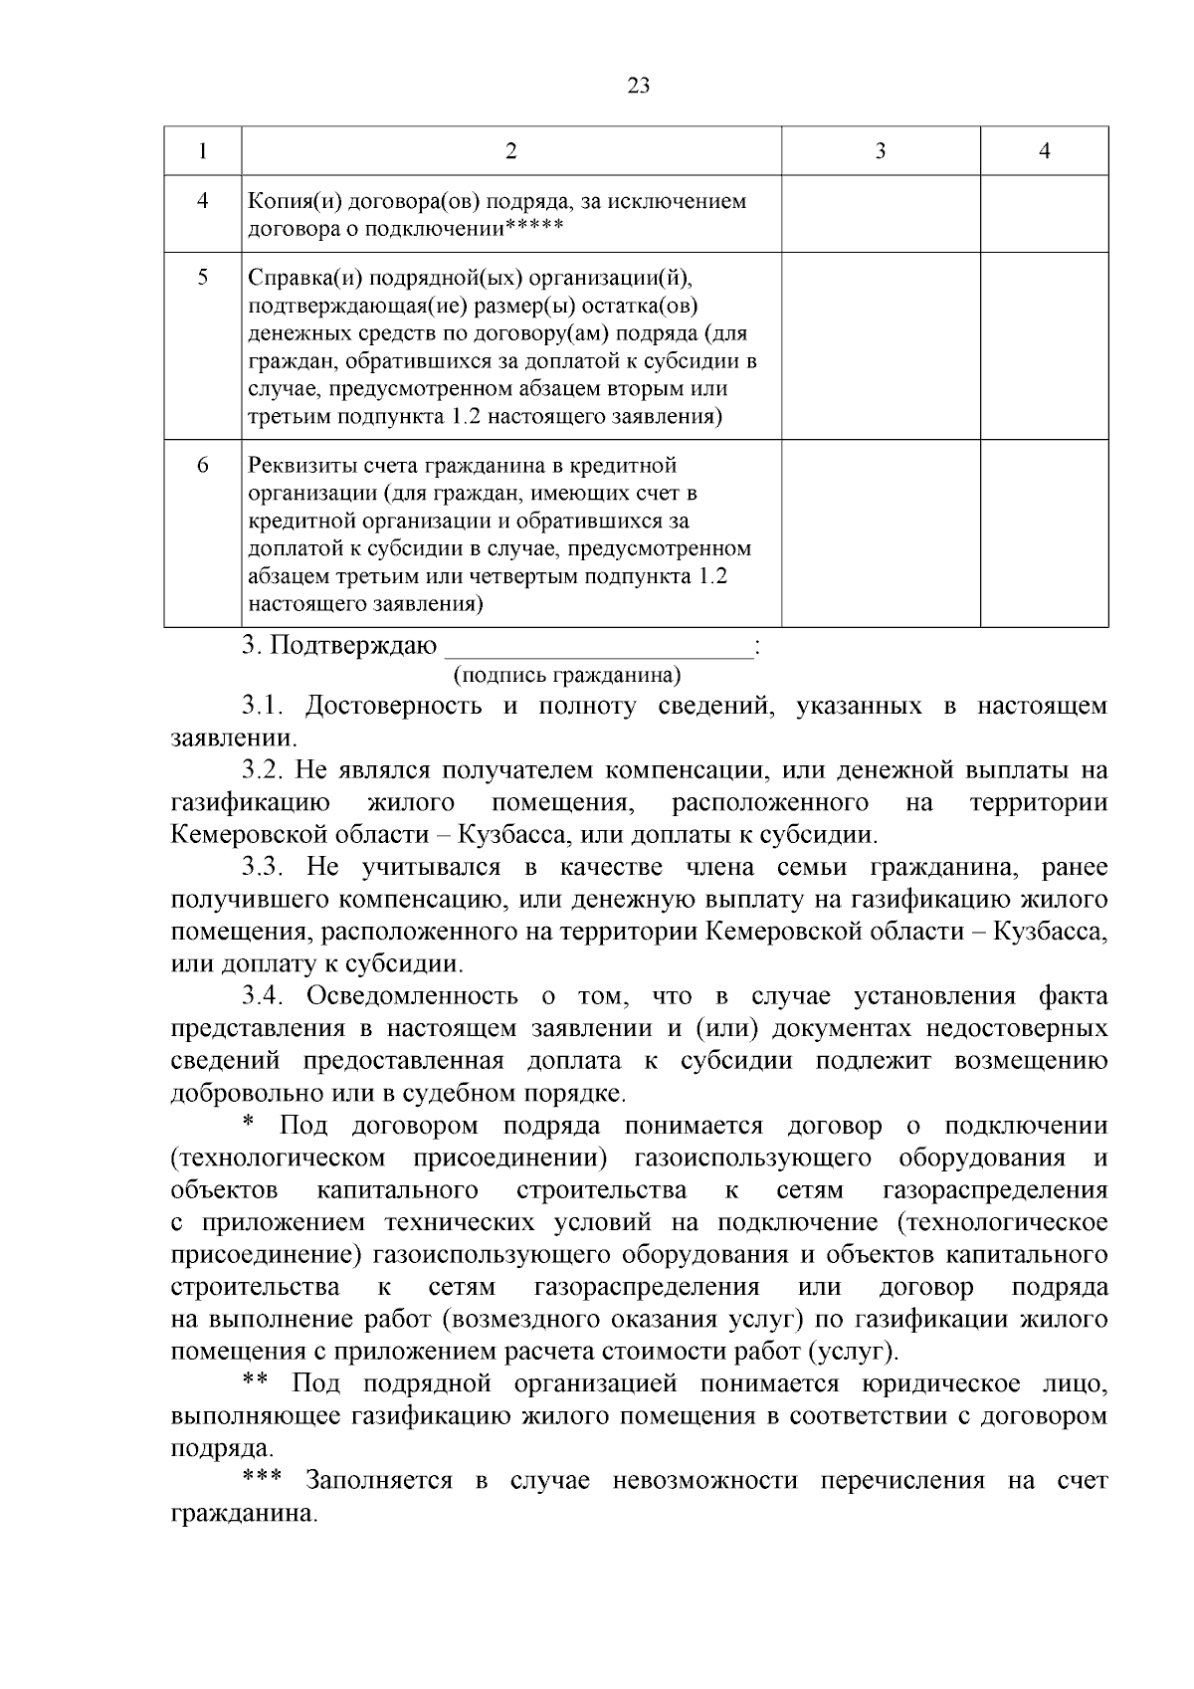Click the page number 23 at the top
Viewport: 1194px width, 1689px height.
(x=639, y=86)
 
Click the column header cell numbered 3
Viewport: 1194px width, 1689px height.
(x=880, y=151)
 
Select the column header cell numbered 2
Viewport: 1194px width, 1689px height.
(x=510, y=151)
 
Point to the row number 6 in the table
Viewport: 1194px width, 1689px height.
(x=203, y=465)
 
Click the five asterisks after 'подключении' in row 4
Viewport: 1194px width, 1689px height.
(x=534, y=228)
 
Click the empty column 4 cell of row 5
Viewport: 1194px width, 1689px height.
(x=1044, y=345)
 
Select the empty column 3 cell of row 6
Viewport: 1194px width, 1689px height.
(x=880, y=532)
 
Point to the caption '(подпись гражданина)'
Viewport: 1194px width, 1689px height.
(x=567, y=676)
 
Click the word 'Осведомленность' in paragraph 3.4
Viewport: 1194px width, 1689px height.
(x=411, y=996)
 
